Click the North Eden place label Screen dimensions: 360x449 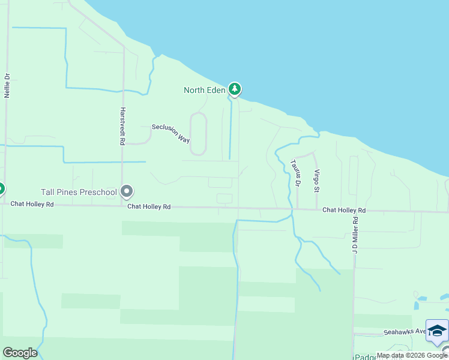(x=204, y=91)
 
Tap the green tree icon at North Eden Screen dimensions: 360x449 (x=235, y=90)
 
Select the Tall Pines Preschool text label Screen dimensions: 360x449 (x=78, y=192)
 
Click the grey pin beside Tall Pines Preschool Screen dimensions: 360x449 (x=127, y=191)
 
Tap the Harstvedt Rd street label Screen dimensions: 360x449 (x=122, y=126)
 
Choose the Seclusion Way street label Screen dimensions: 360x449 (x=171, y=133)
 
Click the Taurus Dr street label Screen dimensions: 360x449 (x=295, y=173)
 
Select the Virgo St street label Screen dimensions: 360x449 (x=316, y=181)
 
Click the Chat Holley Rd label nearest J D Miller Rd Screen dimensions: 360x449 (x=344, y=211)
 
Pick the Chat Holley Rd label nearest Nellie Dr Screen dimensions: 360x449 (x=32, y=205)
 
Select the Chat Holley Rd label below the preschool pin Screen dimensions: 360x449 (x=149, y=206)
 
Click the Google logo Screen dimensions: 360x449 (x=20, y=353)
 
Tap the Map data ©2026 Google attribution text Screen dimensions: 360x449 (x=412, y=355)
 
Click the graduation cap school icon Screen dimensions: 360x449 (x=437, y=331)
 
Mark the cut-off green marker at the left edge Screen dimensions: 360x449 (x=1, y=189)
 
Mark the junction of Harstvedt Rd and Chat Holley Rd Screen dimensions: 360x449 (x=122, y=206)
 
